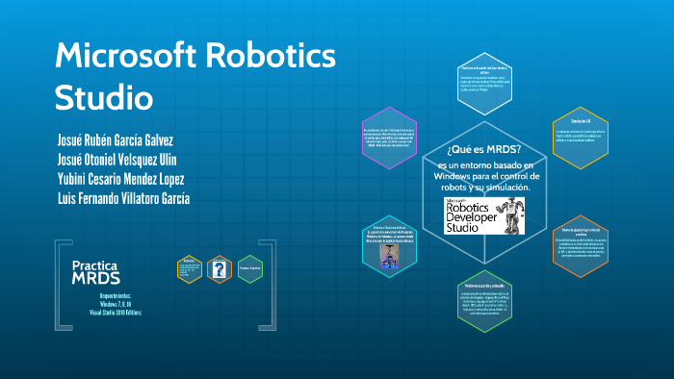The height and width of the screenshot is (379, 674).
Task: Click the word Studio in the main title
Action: coord(104,97)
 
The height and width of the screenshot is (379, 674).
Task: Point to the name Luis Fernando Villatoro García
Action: coord(124,198)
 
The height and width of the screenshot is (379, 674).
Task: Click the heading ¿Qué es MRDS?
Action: coord(484,149)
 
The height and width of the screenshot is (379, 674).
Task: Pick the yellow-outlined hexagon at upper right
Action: coord(581,138)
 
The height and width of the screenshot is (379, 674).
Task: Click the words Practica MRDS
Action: coord(96,271)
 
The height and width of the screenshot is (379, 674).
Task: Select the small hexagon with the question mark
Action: coord(220,268)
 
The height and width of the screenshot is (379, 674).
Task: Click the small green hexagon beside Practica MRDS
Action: coord(250,268)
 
